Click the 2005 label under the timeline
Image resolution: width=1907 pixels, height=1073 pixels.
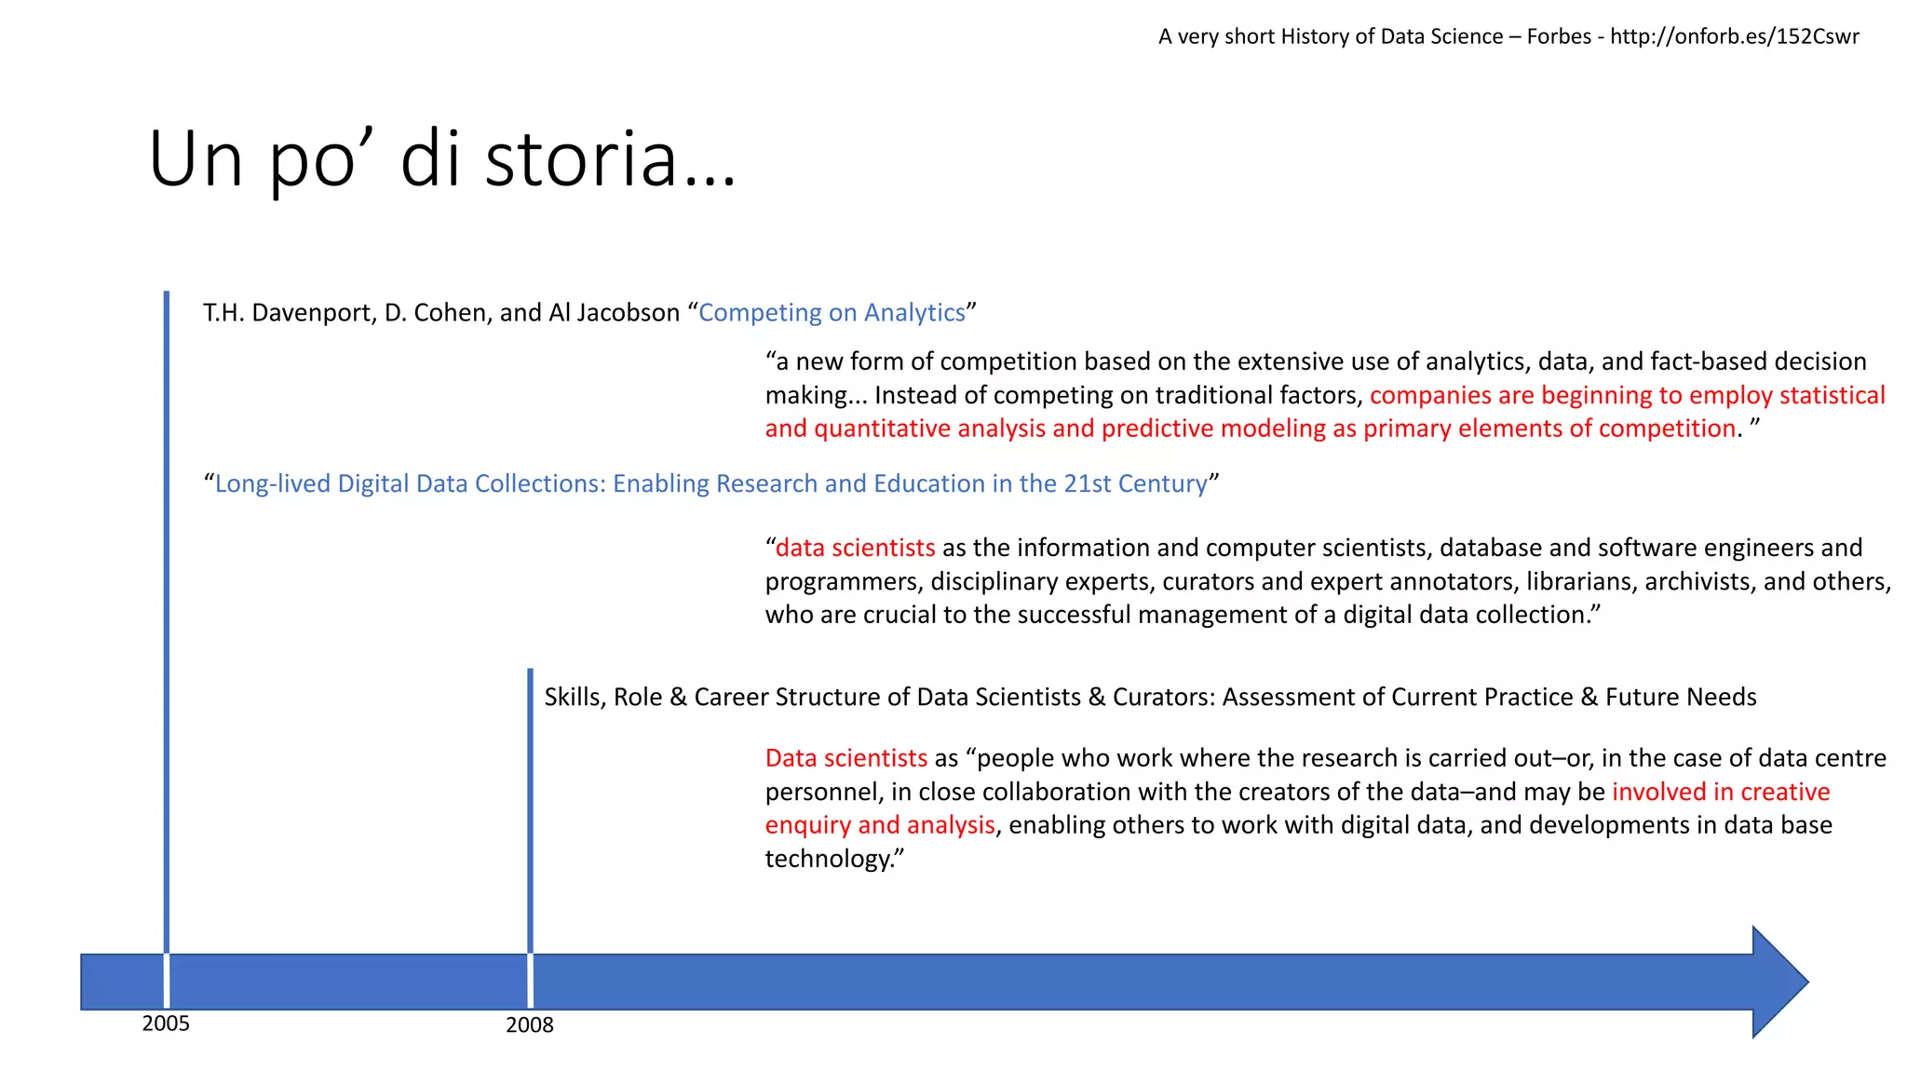click(166, 1024)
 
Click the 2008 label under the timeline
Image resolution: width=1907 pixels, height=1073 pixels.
click(529, 1025)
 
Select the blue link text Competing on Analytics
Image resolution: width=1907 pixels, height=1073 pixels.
click(832, 313)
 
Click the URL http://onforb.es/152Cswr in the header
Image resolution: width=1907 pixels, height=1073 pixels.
click(1734, 36)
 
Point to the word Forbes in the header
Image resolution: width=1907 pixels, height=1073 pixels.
click(1559, 36)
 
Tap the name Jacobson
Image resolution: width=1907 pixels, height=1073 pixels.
click(628, 313)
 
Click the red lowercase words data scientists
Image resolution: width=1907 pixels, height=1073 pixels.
click(855, 548)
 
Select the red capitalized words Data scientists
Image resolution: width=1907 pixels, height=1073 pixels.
click(845, 758)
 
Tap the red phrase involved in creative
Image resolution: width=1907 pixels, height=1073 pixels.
click(1721, 792)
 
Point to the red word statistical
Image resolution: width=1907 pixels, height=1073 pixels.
click(1832, 395)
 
